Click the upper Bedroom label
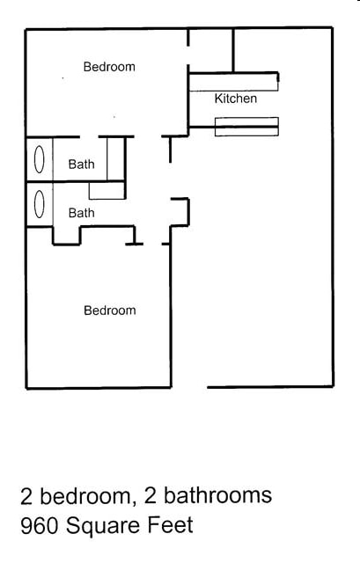click(109, 67)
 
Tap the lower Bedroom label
click(110, 311)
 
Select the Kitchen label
click(236, 99)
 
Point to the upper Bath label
click(82, 165)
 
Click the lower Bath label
click(82, 213)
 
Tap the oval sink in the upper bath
click(39, 159)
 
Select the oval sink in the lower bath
click(39, 204)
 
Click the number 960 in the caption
click(39, 526)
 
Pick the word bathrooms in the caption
click(217, 495)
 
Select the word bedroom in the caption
click(85, 495)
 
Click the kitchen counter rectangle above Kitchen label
click(233, 82)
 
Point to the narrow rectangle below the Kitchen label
click(246, 127)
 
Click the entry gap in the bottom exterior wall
click(189, 387)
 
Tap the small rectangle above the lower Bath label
click(107, 191)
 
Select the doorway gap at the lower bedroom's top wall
click(152, 244)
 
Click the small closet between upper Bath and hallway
click(115, 158)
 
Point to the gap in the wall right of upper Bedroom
click(187, 55)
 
